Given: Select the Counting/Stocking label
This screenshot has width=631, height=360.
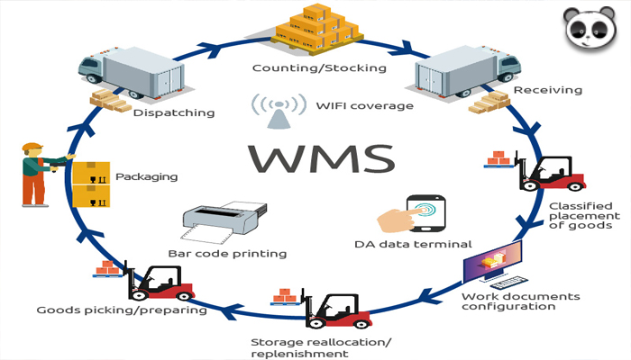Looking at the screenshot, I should [x=318, y=68].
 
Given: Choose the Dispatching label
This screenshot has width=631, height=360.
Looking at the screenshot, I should [x=173, y=113].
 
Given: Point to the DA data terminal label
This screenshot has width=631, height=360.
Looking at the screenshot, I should [x=400, y=244].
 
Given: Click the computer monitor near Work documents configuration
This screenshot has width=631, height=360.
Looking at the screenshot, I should [x=492, y=262].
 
